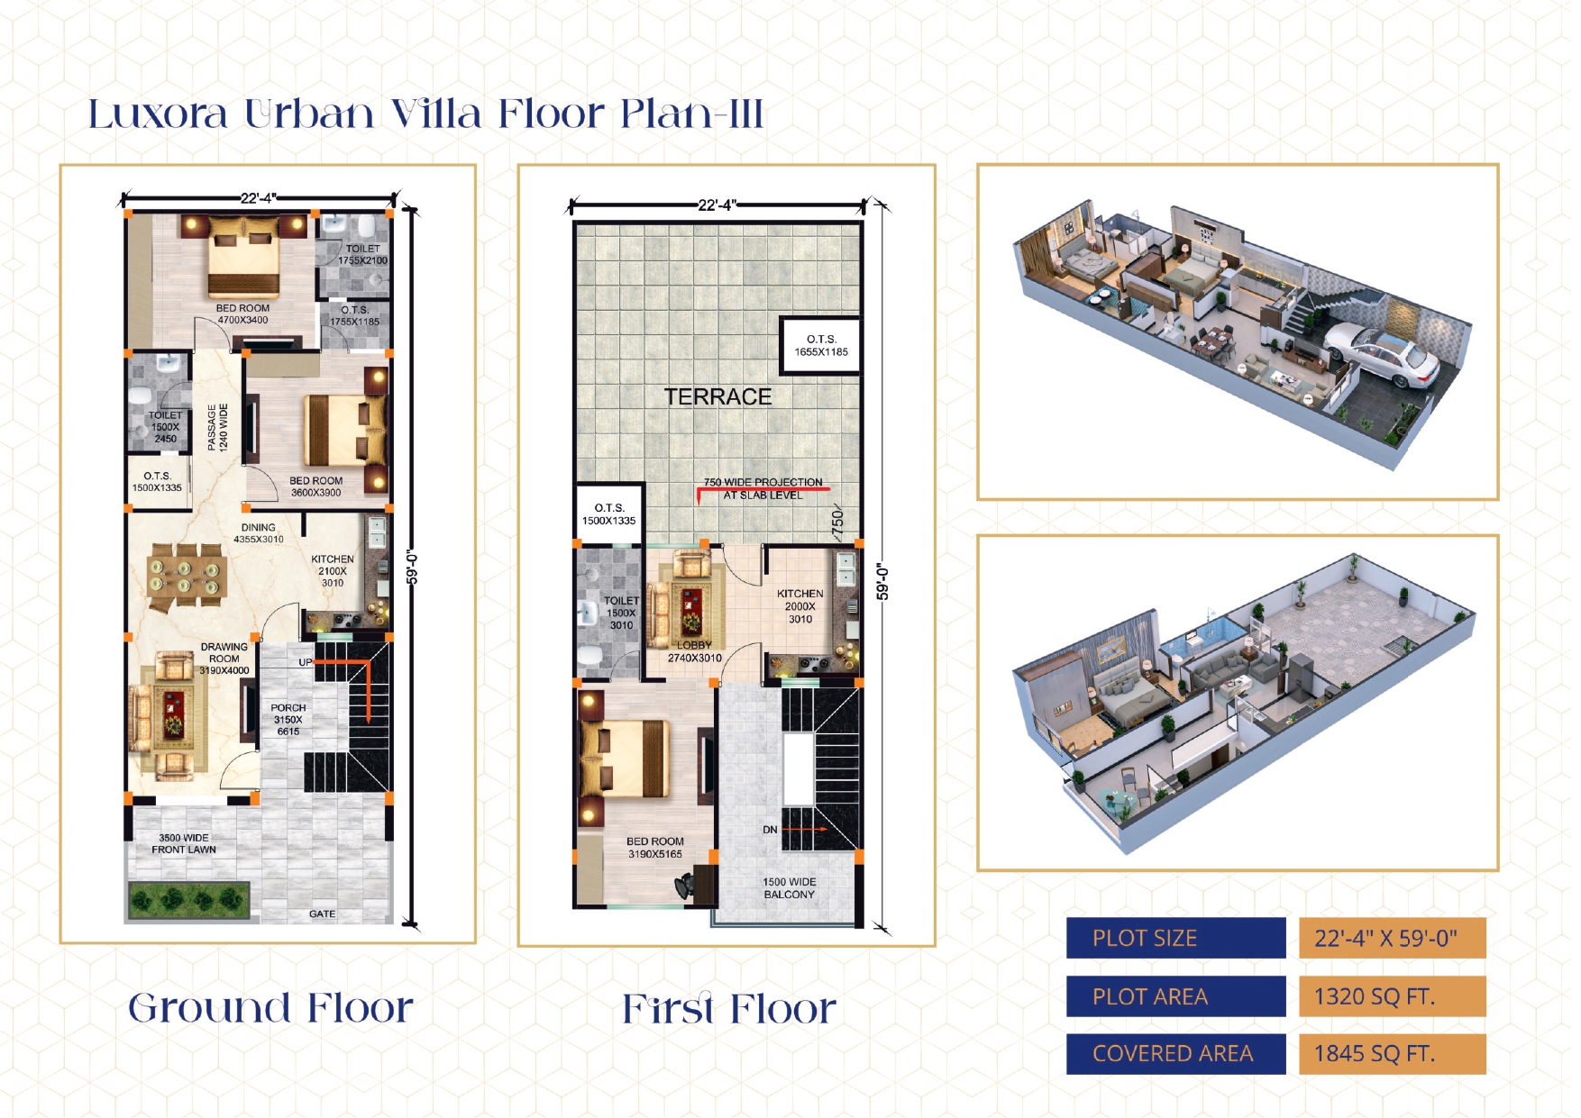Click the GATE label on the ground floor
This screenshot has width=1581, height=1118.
pyautogui.click(x=322, y=913)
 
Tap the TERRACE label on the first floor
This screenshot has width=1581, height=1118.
pyautogui.click(x=717, y=396)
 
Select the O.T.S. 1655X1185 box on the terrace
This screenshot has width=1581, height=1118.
pyautogui.click(x=820, y=345)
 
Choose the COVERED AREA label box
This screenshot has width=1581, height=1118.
pyautogui.click(x=1175, y=1054)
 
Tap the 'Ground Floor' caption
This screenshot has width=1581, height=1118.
pyautogui.click(x=270, y=1007)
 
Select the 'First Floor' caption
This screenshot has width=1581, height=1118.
pyautogui.click(x=729, y=1008)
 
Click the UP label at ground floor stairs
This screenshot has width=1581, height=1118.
pyautogui.click(x=306, y=662)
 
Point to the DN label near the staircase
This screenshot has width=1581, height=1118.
pyautogui.click(x=770, y=830)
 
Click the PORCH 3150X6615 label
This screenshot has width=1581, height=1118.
pyautogui.click(x=288, y=720)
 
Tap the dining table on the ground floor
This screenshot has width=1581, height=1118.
pyautogui.click(x=187, y=574)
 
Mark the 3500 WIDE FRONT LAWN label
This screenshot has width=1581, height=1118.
pyautogui.click(x=184, y=843)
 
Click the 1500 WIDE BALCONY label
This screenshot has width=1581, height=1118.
pyautogui.click(x=789, y=888)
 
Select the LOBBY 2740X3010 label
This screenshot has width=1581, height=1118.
pyautogui.click(x=694, y=651)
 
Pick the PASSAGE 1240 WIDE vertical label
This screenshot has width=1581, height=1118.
pyautogui.click(x=217, y=427)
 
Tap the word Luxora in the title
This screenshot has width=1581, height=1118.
pyautogui.click(x=158, y=114)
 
